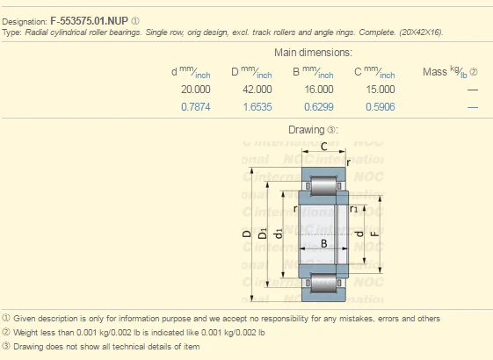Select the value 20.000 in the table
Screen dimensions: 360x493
pyautogui.click(x=195, y=90)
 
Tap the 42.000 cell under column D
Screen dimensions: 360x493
pyautogui.click(x=257, y=90)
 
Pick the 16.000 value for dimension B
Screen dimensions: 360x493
pyautogui.click(x=318, y=90)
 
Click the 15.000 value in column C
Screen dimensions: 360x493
pyautogui.click(x=380, y=90)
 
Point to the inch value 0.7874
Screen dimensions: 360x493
pyautogui.click(x=195, y=107)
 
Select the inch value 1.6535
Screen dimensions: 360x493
pyautogui.click(x=257, y=107)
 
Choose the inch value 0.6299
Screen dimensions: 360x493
pyautogui.click(x=318, y=107)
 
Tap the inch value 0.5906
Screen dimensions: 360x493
pyautogui.click(x=380, y=107)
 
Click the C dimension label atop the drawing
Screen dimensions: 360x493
pyautogui.click(x=323, y=146)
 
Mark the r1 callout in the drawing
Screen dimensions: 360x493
pyautogui.click(x=354, y=210)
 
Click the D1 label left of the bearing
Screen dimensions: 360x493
pyautogui.click(x=263, y=234)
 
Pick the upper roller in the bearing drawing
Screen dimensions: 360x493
pyautogui.click(x=322, y=186)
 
